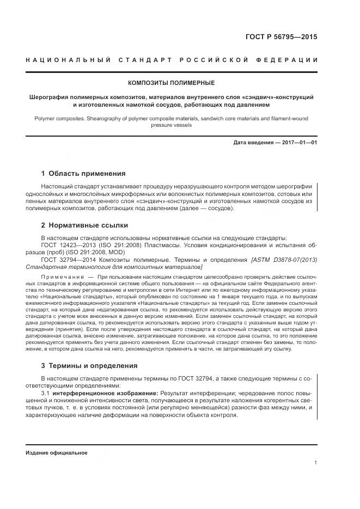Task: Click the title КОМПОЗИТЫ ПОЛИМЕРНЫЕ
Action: [x=171, y=83]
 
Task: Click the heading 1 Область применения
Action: [x=83, y=174]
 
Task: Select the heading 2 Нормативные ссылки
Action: [x=85, y=225]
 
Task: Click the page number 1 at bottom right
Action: [x=315, y=462]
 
